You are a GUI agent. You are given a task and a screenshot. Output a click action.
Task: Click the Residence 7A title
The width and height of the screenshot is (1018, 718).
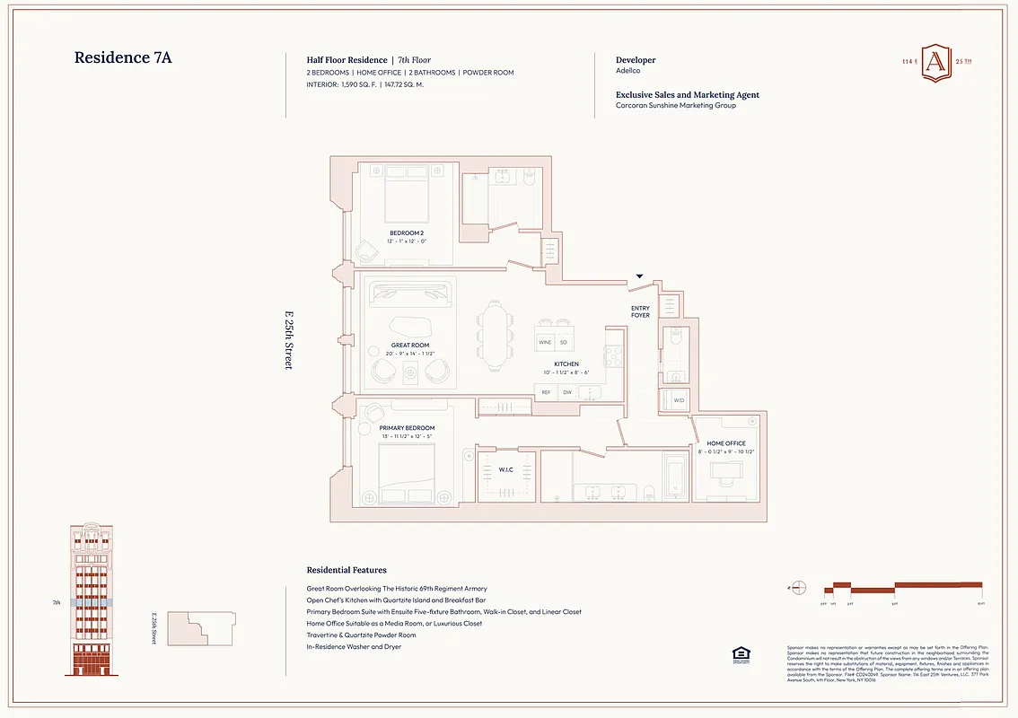pyautogui.click(x=122, y=58)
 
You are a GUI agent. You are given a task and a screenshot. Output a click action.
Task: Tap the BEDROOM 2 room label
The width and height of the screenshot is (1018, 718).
pyautogui.click(x=407, y=233)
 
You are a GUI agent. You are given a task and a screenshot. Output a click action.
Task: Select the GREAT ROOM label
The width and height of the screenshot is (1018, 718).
pyautogui.click(x=410, y=346)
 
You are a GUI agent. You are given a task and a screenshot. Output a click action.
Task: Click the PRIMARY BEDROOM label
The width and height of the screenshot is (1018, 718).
pyautogui.click(x=407, y=428)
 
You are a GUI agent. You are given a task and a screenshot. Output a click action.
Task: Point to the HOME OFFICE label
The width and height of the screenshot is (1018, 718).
pyautogui.click(x=726, y=443)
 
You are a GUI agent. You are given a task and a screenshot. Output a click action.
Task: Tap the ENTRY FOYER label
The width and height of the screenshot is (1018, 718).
pyautogui.click(x=640, y=311)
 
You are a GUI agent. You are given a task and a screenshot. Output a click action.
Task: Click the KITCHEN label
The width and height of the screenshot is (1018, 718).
pyautogui.click(x=566, y=364)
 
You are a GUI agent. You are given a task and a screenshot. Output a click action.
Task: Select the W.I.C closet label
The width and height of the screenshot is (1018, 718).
pyautogui.click(x=506, y=469)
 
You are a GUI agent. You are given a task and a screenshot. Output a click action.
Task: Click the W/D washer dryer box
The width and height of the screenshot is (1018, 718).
pyautogui.click(x=679, y=400)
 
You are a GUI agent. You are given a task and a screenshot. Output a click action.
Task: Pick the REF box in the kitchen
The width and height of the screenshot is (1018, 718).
pyautogui.click(x=546, y=392)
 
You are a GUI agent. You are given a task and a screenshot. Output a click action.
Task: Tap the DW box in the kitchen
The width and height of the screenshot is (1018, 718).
pyautogui.click(x=566, y=392)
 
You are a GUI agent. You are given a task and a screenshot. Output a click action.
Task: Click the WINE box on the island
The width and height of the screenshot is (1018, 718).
pyautogui.click(x=545, y=343)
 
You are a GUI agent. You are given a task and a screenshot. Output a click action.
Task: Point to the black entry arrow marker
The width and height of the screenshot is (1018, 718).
pyautogui.click(x=639, y=277)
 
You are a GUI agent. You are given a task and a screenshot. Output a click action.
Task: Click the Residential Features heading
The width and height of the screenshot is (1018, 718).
pyautogui.click(x=347, y=570)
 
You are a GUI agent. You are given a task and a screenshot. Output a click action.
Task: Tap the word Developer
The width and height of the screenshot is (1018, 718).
pyautogui.click(x=636, y=60)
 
